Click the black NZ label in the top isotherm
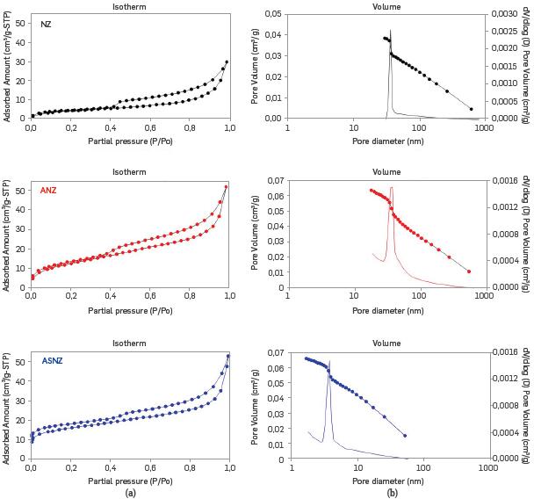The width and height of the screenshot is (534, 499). pos(46,23)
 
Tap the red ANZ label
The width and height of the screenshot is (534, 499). pos(48,191)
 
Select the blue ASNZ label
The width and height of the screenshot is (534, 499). pos(52,360)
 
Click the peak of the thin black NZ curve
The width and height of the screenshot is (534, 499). pos(390,31)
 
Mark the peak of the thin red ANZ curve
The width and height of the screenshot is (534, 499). pos(392,187)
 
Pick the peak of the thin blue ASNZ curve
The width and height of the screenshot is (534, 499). pos(328,361)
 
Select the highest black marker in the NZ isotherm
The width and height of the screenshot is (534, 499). pos(227,62)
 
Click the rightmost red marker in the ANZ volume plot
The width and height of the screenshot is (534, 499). pos(469,271)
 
